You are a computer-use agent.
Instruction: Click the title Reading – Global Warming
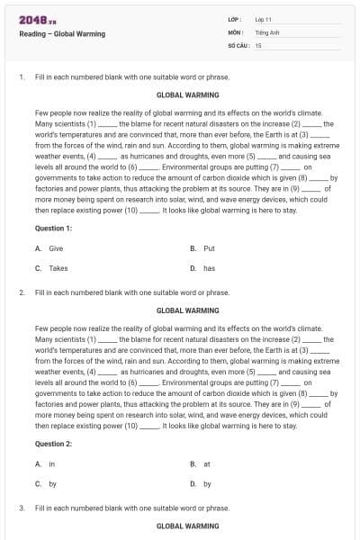(x=62, y=34)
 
